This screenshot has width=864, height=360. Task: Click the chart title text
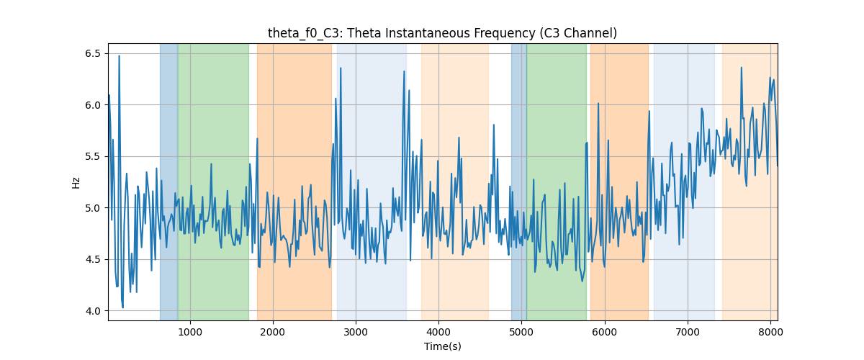(442, 33)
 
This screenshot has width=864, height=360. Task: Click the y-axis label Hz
(76, 182)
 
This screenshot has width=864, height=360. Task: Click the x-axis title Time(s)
(442, 346)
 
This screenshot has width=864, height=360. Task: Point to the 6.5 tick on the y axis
(93, 53)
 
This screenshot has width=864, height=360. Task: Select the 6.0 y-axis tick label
(93, 105)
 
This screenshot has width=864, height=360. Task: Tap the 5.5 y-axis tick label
(93, 157)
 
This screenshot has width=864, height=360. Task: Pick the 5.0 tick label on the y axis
(93, 208)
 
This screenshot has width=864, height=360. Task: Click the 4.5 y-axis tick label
(93, 259)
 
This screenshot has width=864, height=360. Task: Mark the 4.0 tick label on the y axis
(93, 311)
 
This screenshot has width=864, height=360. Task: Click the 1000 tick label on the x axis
(190, 332)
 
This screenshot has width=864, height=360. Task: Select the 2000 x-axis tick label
(273, 332)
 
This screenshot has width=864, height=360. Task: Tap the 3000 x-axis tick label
(356, 332)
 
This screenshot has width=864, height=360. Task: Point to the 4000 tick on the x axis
(438, 332)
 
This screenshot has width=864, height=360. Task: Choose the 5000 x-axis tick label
(521, 332)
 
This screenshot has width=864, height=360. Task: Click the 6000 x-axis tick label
(604, 332)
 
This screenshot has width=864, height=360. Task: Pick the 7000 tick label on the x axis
(688, 332)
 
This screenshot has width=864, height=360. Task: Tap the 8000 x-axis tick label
(770, 332)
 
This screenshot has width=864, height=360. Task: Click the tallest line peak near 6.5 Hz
(120, 56)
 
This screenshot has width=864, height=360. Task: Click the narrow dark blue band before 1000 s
(169, 182)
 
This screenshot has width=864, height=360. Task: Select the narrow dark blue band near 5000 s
(519, 182)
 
